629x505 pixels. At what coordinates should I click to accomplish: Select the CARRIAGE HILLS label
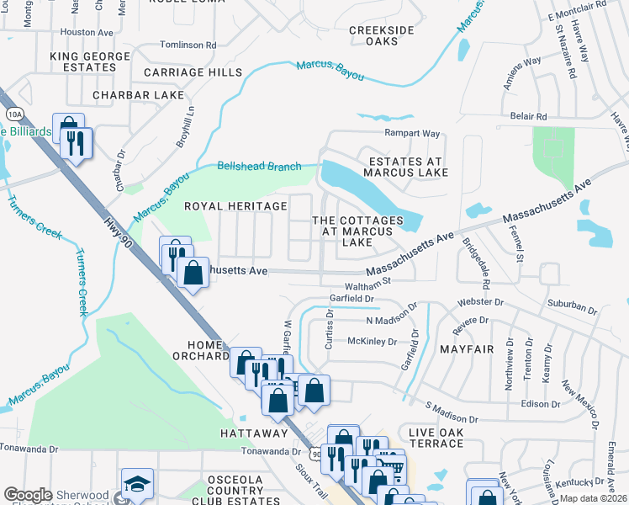(x=193, y=73)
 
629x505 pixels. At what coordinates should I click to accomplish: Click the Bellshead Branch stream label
(x=259, y=167)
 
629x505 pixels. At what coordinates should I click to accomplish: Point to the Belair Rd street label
(x=528, y=116)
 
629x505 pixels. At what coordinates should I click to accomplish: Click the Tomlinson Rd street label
(x=188, y=45)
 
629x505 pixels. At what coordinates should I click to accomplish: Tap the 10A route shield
(x=13, y=114)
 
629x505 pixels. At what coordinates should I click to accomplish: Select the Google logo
(x=28, y=495)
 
